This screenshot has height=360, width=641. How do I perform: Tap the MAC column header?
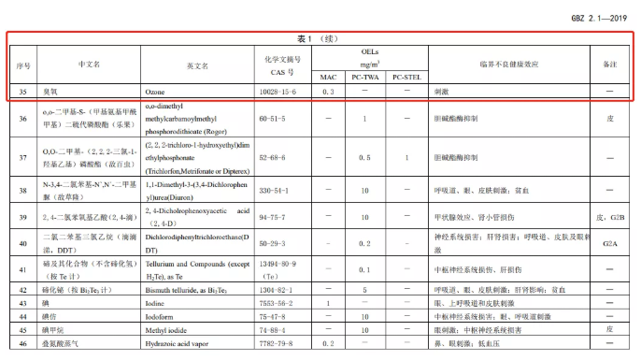[328, 77]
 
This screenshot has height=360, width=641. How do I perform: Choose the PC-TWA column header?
[365, 77]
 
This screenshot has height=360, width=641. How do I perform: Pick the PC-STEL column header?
[406, 77]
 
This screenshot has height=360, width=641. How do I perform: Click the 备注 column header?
[609, 65]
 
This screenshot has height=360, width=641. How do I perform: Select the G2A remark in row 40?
[609, 243]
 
